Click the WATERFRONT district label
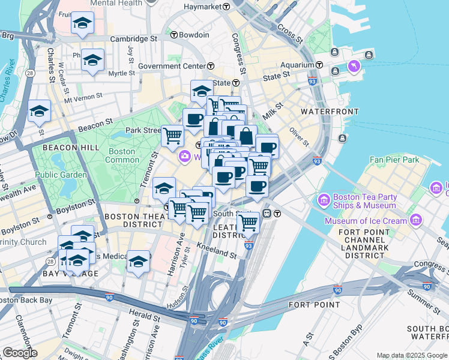330,112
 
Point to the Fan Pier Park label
394,160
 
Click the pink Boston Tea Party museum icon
324,199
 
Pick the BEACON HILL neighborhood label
66,147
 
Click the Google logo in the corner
19,353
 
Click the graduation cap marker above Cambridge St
82,24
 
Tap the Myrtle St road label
122,73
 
